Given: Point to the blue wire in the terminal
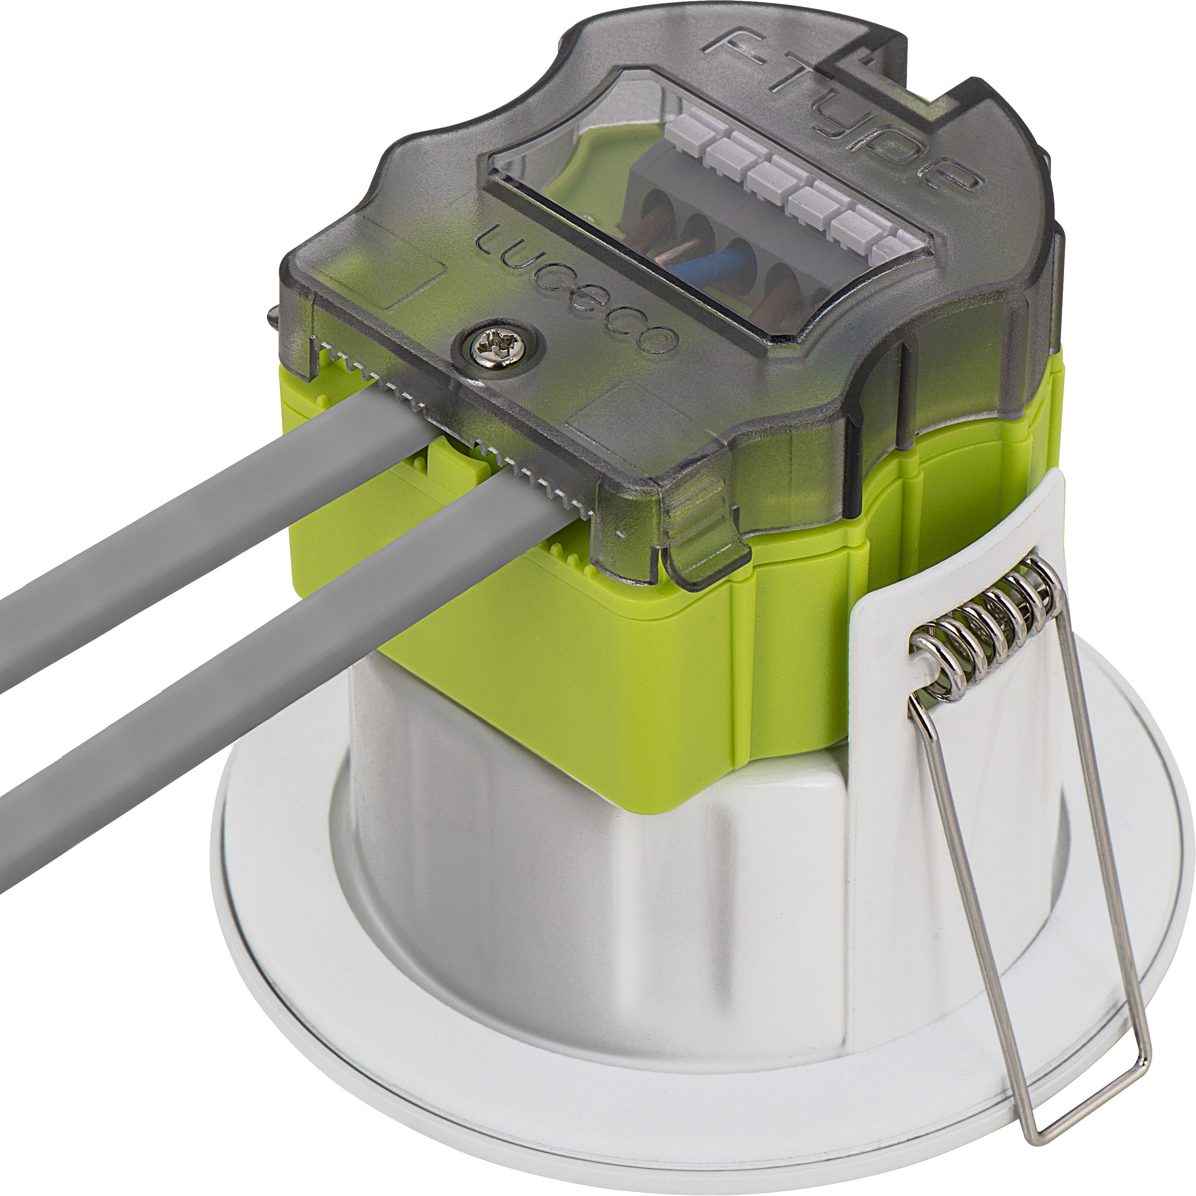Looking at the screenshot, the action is [x=712, y=265].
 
